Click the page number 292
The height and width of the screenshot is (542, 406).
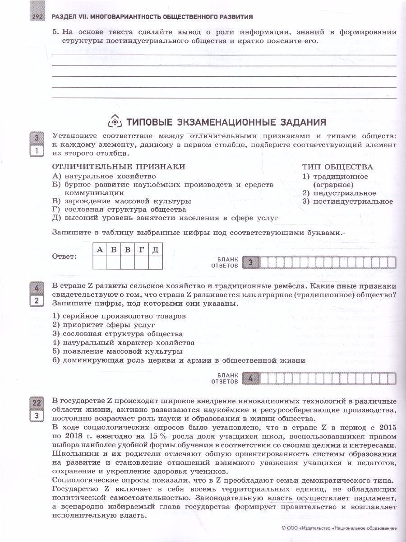[37, 17]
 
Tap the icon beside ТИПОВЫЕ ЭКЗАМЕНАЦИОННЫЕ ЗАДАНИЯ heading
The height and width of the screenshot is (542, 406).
[114, 122]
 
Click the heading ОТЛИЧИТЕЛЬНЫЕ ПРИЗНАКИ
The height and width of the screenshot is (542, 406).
[119, 167]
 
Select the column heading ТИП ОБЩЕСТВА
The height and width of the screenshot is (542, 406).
[337, 167]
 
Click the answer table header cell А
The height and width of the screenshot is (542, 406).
[100, 250]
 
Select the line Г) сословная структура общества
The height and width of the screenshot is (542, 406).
[119, 210]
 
